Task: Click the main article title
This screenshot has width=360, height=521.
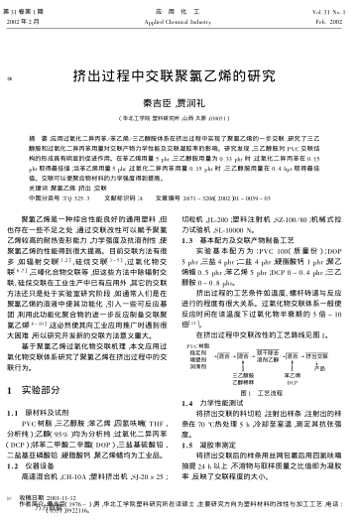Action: (x=180, y=74)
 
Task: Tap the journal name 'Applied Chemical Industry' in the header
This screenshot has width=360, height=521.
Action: (x=180, y=19)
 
